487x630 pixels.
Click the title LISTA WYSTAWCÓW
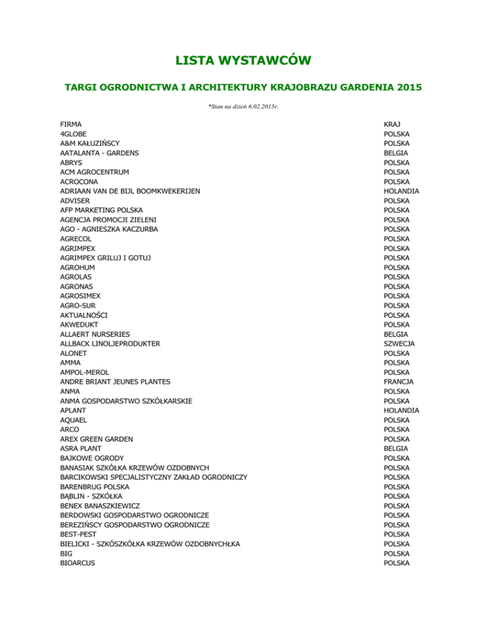[x=243, y=61]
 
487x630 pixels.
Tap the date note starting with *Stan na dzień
[x=243, y=106]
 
